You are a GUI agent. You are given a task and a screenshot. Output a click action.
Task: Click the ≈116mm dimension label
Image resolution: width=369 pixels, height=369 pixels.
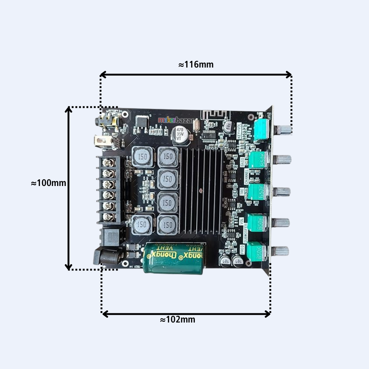tap(196, 65)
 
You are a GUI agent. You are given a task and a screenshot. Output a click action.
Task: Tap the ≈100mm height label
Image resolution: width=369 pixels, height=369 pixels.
tap(48, 183)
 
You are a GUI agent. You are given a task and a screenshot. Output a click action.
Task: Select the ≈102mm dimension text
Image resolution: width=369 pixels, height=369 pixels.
tap(177, 320)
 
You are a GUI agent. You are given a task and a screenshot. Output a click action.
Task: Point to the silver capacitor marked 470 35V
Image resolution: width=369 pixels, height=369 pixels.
tap(180, 135)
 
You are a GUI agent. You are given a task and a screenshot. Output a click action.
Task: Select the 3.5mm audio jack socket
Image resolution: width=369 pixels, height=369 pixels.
tap(107, 121)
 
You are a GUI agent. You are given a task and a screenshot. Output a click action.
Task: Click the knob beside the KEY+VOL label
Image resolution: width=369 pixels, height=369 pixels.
tap(284, 130)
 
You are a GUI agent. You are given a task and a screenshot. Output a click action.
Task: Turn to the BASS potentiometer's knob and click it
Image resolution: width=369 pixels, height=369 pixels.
tap(282, 159)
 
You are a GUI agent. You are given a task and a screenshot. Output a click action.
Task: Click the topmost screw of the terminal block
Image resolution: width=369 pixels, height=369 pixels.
tap(108, 162)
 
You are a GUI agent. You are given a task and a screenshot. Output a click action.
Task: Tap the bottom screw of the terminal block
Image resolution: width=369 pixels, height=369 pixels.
tap(108, 217)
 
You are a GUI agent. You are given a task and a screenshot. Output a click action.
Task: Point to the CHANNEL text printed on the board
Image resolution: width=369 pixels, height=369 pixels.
tap(246, 177)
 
